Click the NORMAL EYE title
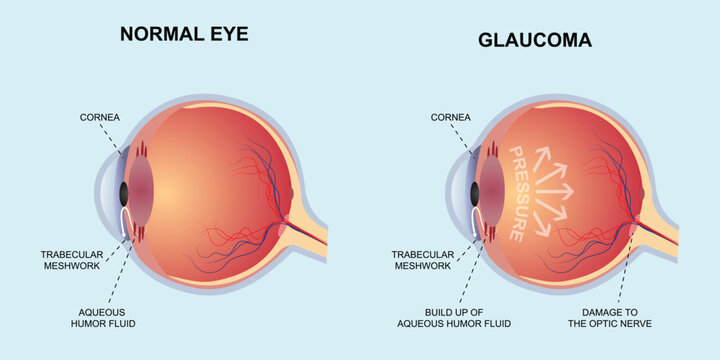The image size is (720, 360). tap(183, 34)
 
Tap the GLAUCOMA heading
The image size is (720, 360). tap(534, 41)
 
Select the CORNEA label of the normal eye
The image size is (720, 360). tap(101, 118)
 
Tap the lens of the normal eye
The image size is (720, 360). tap(139, 193)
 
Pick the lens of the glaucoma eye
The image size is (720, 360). tap(491, 193)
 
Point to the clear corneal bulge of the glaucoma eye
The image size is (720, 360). tap(460, 193)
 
